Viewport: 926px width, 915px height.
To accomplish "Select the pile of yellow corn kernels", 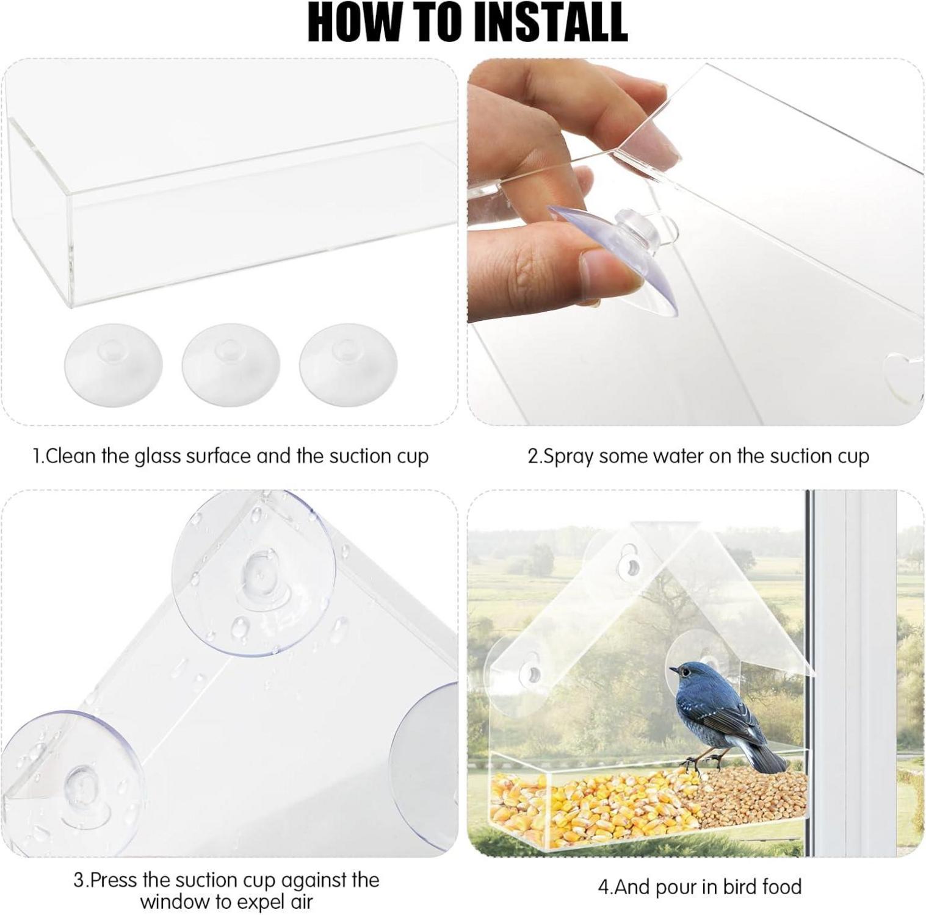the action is [x=592, y=803].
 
